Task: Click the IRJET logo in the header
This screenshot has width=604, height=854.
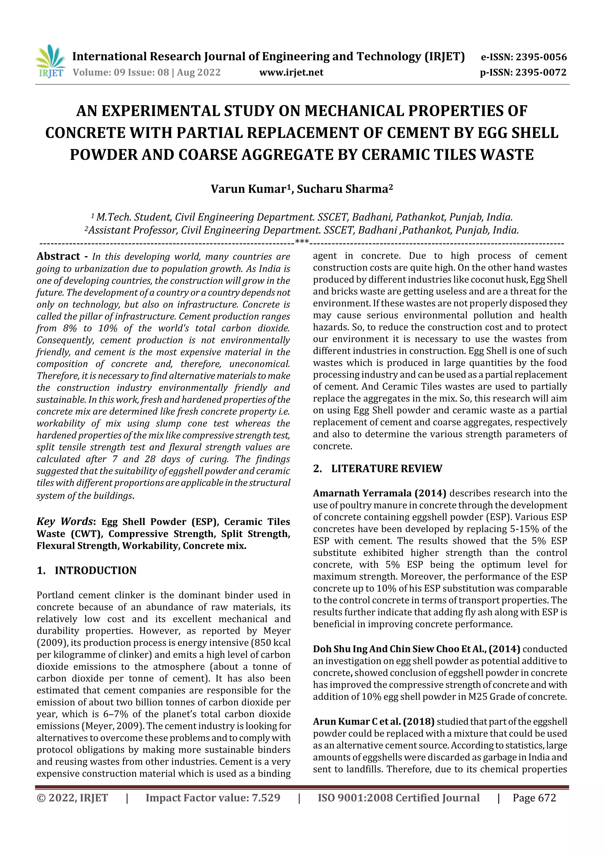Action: pyautogui.click(x=50, y=61)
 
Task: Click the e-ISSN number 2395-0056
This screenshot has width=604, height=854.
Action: pyautogui.click(x=541, y=57)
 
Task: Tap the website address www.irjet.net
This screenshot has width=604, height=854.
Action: pyautogui.click(x=291, y=73)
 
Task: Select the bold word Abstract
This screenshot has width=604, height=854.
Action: pyautogui.click(x=58, y=256)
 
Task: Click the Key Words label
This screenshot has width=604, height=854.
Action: pyautogui.click(x=64, y=521)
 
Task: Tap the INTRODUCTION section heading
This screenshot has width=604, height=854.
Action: pyautogui.click(x=95, y=571)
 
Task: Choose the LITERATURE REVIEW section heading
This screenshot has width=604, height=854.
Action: pyautogui.click(x=386, y=469)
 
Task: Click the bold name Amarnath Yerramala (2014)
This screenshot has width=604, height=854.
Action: pyautogui.click(x=379, y=493)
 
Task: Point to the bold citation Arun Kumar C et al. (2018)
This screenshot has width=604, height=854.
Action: pyautogui.click(x=373, y=722)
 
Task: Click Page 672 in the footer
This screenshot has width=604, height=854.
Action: pyautogui.click(x=534, y=798)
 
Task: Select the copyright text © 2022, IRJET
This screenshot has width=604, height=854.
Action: pyautogui.click(x=72, y=798)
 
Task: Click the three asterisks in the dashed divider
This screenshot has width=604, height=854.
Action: pyautogui.click(x=302, y=242)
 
